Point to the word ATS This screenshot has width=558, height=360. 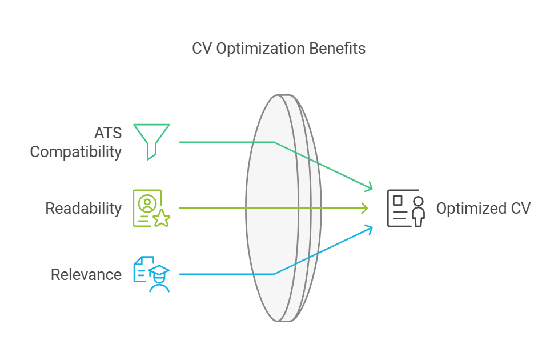click(109, 133)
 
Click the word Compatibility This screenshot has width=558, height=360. click(76, 152)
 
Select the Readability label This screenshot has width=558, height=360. click(83, 209)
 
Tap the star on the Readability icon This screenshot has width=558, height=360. click(162, 218)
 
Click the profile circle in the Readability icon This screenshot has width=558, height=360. click(147, 202)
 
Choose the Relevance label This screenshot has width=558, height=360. click(86, 275)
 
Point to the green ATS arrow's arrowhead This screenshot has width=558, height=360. click(370, 187)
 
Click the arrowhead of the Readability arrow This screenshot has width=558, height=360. click(366, 209)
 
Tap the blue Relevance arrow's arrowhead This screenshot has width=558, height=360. click(370, 229)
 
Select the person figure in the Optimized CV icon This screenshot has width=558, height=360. click(419, 211)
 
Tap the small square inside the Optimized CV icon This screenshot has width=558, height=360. click(398, 201)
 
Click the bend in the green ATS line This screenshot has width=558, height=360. click(274, 142)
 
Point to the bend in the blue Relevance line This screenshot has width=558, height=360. click(274, 274)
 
